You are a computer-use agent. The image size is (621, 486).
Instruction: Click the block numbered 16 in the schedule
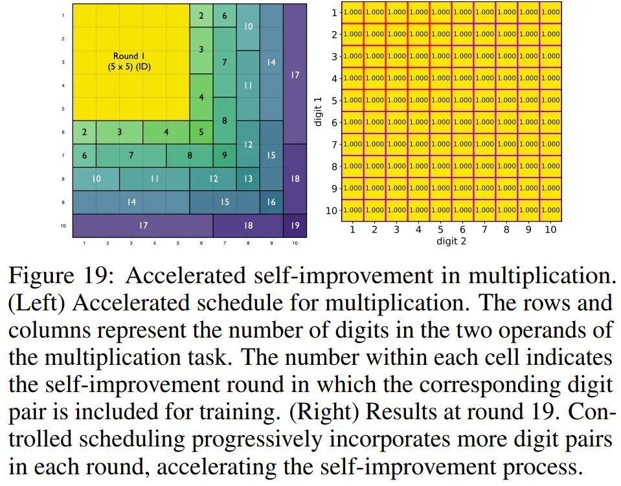click(271, 202)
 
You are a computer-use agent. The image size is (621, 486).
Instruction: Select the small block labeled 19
click(295, 226)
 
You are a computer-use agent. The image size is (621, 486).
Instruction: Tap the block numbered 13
click(248, 179)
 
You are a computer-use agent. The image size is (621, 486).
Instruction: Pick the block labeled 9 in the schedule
click(224, 156)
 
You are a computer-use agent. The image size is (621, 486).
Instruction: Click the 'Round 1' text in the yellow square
click(130, 56)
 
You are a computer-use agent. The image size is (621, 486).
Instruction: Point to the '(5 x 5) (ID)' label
click(130, 66)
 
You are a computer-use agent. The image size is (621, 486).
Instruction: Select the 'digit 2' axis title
click(451, 241)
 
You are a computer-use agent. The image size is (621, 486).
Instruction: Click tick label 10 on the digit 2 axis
click(550, 229)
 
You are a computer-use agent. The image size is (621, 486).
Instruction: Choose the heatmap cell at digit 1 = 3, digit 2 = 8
click(506, 56)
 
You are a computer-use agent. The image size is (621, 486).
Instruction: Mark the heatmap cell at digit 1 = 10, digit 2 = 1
click(352, 210)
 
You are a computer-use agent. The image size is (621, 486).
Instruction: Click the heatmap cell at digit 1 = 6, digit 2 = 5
click(440, 122)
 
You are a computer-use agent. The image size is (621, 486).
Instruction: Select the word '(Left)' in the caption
click(35, 304)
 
